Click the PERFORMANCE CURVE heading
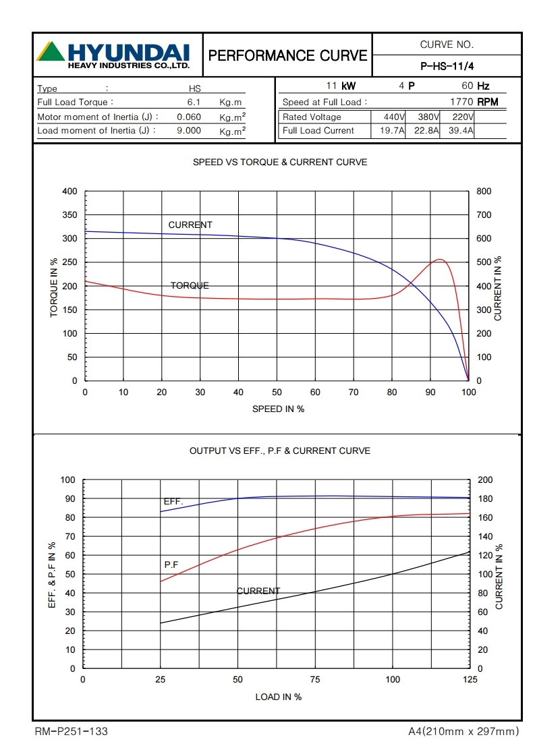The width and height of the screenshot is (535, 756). coord(287,55)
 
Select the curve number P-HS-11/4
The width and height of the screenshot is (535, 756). coord(447,66)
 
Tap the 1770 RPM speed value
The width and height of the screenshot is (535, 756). coord(475,102)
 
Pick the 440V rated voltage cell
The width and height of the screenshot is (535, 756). coord(389,117)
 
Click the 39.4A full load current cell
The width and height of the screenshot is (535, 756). coord(461,130)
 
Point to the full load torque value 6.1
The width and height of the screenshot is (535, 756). coord(194,102)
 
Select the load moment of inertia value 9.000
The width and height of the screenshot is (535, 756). coord(189,130)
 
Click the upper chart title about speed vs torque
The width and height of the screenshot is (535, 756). coord(280,163)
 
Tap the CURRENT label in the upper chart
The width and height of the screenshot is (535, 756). coord(190,225)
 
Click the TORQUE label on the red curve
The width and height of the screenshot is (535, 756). coord(190,285)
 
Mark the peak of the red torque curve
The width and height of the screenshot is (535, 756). coord(440,259)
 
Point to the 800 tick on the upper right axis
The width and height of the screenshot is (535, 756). coord(484,192)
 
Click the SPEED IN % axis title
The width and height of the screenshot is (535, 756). coord(278,409)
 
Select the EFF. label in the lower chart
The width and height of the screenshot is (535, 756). coord(173,502)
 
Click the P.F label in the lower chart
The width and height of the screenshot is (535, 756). coord(171,564)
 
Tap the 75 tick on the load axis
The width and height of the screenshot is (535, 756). coord(314,680)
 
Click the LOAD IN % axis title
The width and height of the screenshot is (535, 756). coord(278,697)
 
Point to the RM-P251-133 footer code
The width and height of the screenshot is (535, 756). coord(71,731)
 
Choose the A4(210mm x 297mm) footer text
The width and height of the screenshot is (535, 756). coord(463,731)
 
